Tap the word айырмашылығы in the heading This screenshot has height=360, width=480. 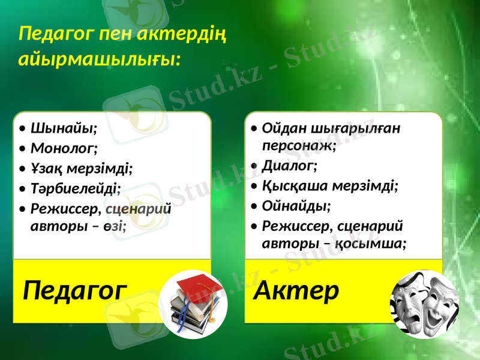pos(98,59)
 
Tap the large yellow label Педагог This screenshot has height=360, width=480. pos(75,292)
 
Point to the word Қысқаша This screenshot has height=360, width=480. pos(290,185)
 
